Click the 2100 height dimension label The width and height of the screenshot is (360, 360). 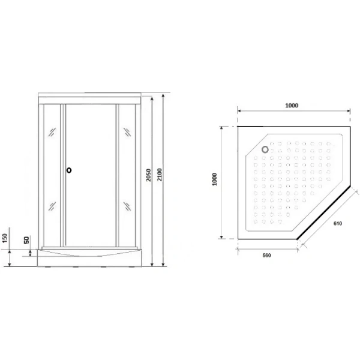click(x=160, y=175)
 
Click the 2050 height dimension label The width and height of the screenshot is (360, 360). click(x=149, y=175)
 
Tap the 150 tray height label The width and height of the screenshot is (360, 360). click(x=5, y=238)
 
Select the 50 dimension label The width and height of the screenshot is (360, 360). click(x=26, y=240)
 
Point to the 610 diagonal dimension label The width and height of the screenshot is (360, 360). click(x=338, y=223)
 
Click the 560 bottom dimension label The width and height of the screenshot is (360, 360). click(x=266, y=256)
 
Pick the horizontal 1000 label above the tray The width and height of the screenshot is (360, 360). click(x=292, y=106)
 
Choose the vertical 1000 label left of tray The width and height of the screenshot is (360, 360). click(x=214, y=179)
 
